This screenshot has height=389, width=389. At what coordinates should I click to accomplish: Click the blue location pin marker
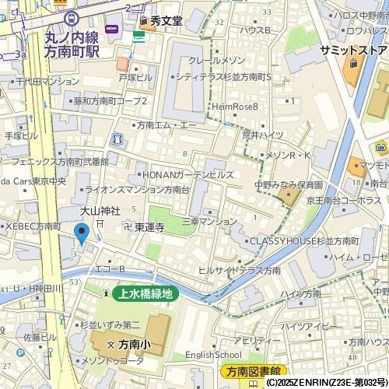(81, 233)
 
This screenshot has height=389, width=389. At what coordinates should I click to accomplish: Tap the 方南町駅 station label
(72, 51)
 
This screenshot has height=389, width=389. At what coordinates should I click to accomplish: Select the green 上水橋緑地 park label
(146, 294)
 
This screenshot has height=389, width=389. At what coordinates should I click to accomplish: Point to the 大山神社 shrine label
(100, 211)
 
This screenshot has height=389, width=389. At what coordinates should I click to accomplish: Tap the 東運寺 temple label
(149, 227)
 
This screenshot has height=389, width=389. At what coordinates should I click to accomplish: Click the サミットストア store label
(352, 50)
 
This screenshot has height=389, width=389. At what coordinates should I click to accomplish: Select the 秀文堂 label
(166, 21)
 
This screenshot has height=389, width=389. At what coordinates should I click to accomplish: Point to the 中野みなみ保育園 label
(288, 186)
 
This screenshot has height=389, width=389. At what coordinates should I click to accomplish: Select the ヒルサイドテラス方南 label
(239, 270)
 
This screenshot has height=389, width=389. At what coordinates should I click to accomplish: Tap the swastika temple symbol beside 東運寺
(128, 227)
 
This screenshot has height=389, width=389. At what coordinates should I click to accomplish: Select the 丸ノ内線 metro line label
(72, 37)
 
